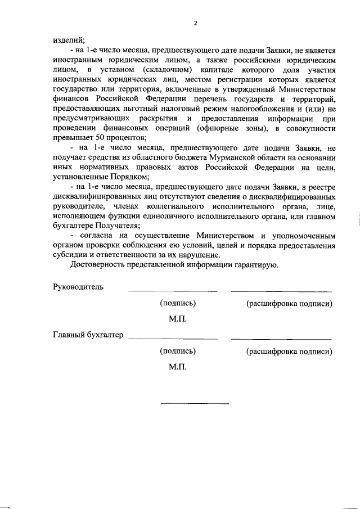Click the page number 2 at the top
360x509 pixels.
click(x=195, y=23)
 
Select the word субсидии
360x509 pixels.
click(x=70, y=254)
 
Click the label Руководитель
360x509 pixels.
click(x=78, y=287)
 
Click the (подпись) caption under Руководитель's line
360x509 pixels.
click(x=178, y=303)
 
